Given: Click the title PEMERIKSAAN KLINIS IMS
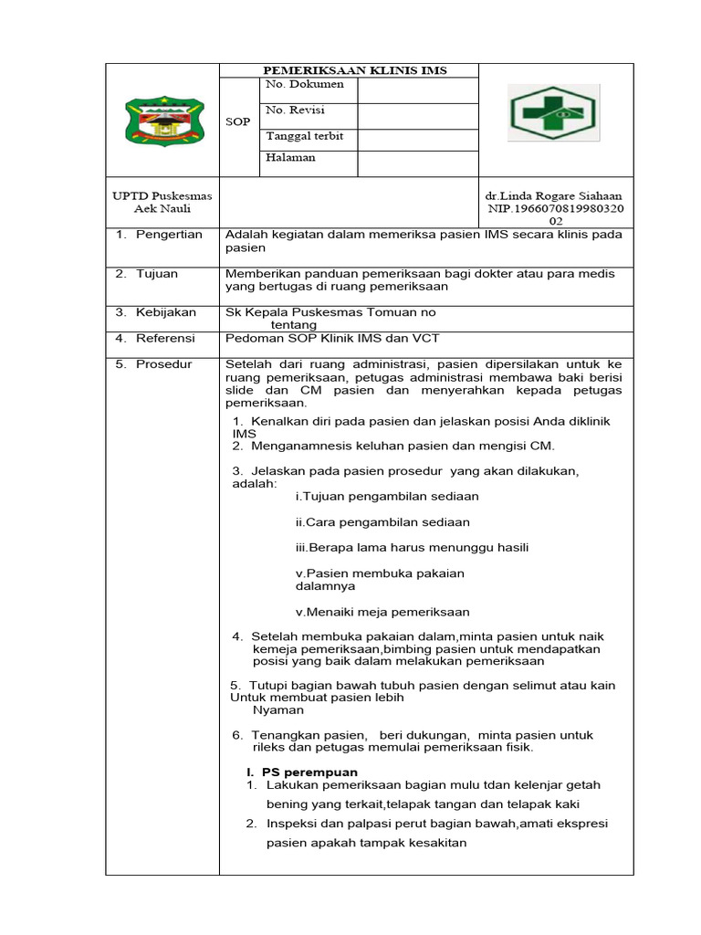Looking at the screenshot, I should click(355, 71).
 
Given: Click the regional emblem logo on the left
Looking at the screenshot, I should click(163, 120).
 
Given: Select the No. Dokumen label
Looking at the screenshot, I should click(304, 85).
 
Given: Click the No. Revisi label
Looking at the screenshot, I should click(295, 110).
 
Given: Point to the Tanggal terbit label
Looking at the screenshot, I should click(304, 136).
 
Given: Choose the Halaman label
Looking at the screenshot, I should click(290, 158).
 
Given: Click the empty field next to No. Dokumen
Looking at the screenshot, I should click(417, 89).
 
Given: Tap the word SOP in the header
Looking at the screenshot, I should click(237, 121).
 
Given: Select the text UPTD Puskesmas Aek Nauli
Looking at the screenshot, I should click(162, 203).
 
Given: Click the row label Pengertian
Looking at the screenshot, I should click(169, 236).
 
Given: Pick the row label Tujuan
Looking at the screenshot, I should click(157, 274).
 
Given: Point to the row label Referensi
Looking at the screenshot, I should click(165, 339).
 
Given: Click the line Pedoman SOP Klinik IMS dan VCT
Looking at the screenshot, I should click(332, 339).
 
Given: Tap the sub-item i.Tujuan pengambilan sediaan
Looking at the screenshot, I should click(387, 497).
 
